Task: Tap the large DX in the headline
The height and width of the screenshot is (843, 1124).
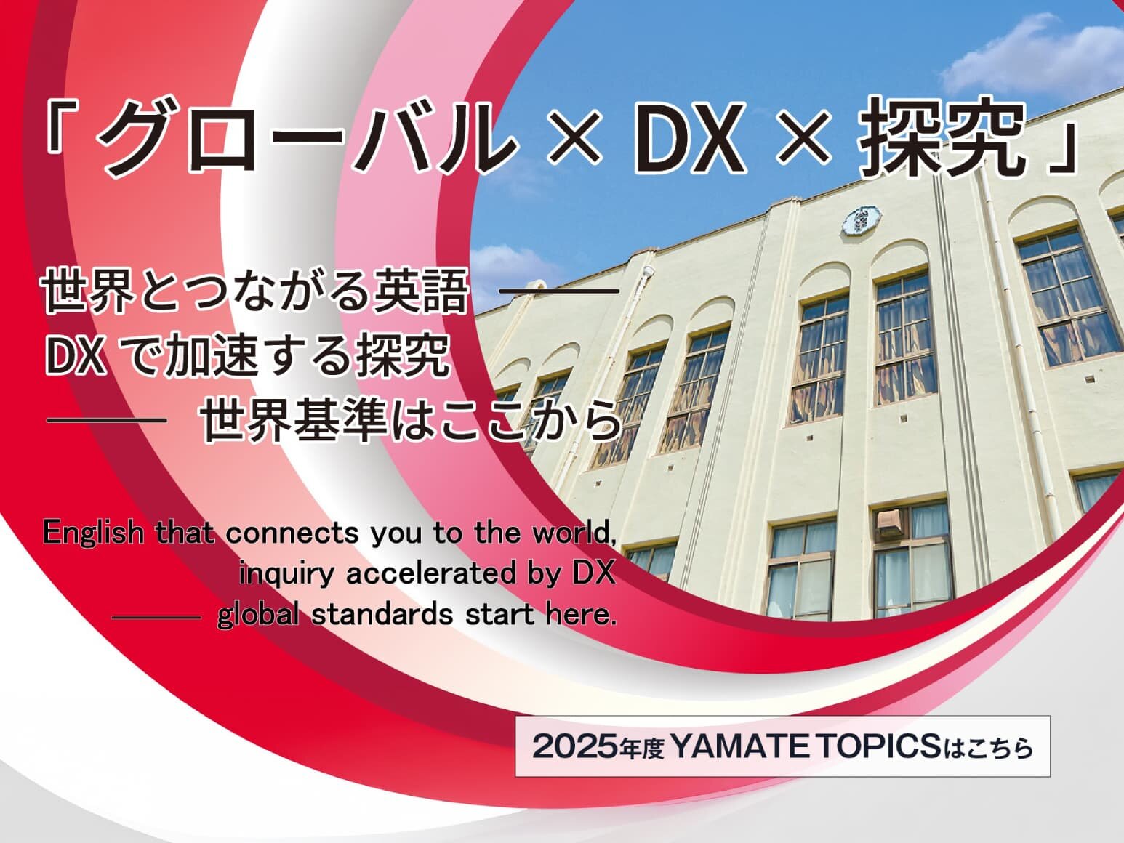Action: click(689, 138)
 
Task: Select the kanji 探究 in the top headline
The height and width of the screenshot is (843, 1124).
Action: click(942, 137)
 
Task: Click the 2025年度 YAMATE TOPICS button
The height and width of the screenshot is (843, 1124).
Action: click(782, 746)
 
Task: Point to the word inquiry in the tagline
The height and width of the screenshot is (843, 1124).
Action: click(286, 573)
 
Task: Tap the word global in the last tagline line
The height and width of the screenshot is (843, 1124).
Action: click(258, 614)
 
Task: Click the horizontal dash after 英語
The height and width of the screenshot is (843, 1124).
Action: click(558, 291)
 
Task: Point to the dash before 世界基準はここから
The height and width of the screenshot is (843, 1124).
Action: click(107, 420)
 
